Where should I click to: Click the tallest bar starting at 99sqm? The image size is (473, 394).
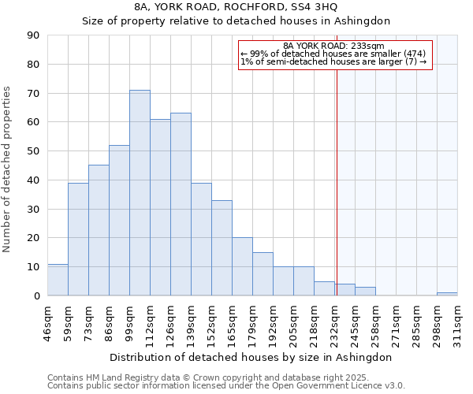(140, 193)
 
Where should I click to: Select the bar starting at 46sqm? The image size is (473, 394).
(58, 280)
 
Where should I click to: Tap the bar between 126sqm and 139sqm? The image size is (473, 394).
(181, 204)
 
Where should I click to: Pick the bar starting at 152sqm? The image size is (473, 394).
(222, 248)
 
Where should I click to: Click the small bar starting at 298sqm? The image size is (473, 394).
(447, 294)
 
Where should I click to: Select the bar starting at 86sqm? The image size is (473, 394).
(119, 221)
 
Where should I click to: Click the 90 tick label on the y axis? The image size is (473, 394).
(33, 35)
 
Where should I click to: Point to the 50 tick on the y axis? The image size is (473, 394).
(33, 151)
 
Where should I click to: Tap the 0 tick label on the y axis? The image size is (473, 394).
(36, 296)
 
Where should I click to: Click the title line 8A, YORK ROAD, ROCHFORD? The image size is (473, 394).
(236, 7)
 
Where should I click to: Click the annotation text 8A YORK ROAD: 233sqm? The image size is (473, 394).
(333, 46)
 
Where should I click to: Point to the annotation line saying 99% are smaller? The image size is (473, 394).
(333, 54)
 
